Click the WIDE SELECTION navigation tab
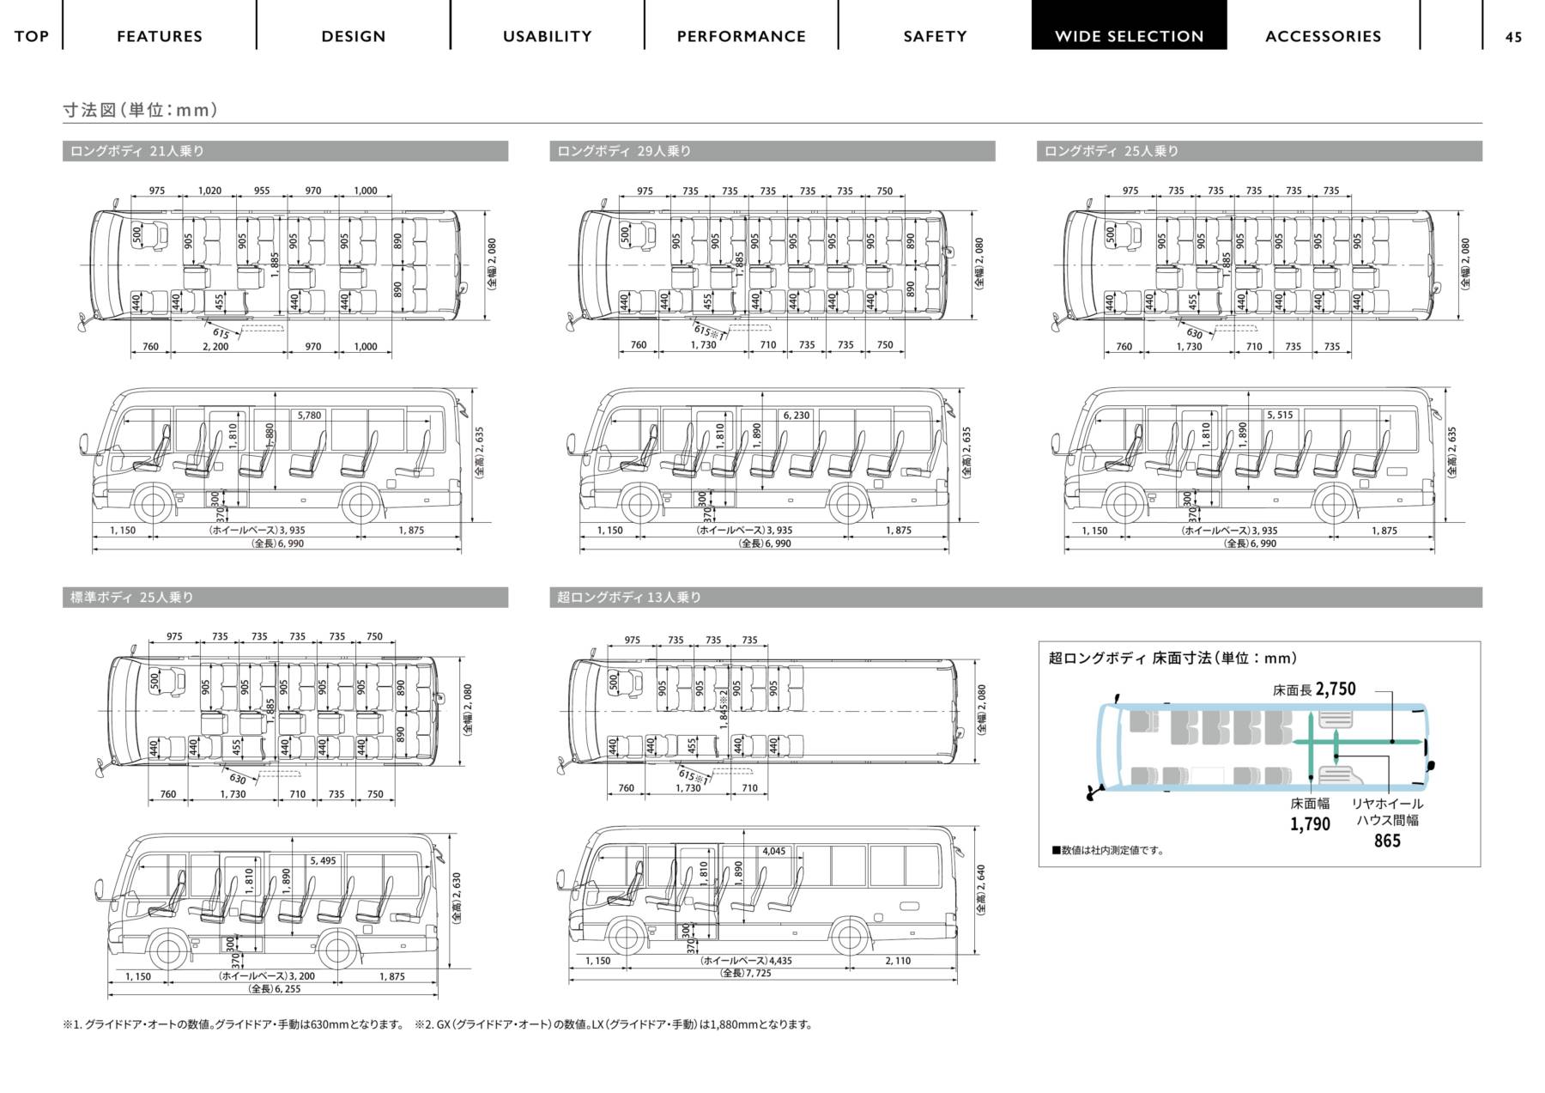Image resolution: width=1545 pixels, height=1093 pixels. pos(1129,36)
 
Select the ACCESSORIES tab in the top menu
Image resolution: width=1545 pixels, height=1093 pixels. pos(1323,36)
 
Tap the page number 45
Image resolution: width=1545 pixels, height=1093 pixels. pos(1513,36)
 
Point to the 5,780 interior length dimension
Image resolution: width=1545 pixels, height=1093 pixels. pos(309,416)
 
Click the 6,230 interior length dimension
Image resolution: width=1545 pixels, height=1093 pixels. pos(796,416)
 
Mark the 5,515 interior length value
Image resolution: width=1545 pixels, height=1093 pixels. pos(1280,416)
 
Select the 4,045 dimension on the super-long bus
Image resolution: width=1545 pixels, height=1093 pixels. pos(773,852)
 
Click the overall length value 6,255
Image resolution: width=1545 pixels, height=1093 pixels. pos(275,989)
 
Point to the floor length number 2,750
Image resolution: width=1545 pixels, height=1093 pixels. pos(1335,689)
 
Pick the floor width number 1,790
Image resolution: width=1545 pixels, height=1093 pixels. pos(1310,824)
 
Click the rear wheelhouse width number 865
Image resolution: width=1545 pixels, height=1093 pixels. pos(1387,841)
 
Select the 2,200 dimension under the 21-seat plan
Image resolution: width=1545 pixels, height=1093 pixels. pos(215,347)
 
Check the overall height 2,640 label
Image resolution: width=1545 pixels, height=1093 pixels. pos(980,887)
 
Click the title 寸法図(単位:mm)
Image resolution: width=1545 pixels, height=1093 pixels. pos(140,110)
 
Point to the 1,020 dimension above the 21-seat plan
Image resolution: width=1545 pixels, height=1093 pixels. pos(209,191)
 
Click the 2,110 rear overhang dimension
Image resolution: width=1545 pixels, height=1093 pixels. pos(898,961)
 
